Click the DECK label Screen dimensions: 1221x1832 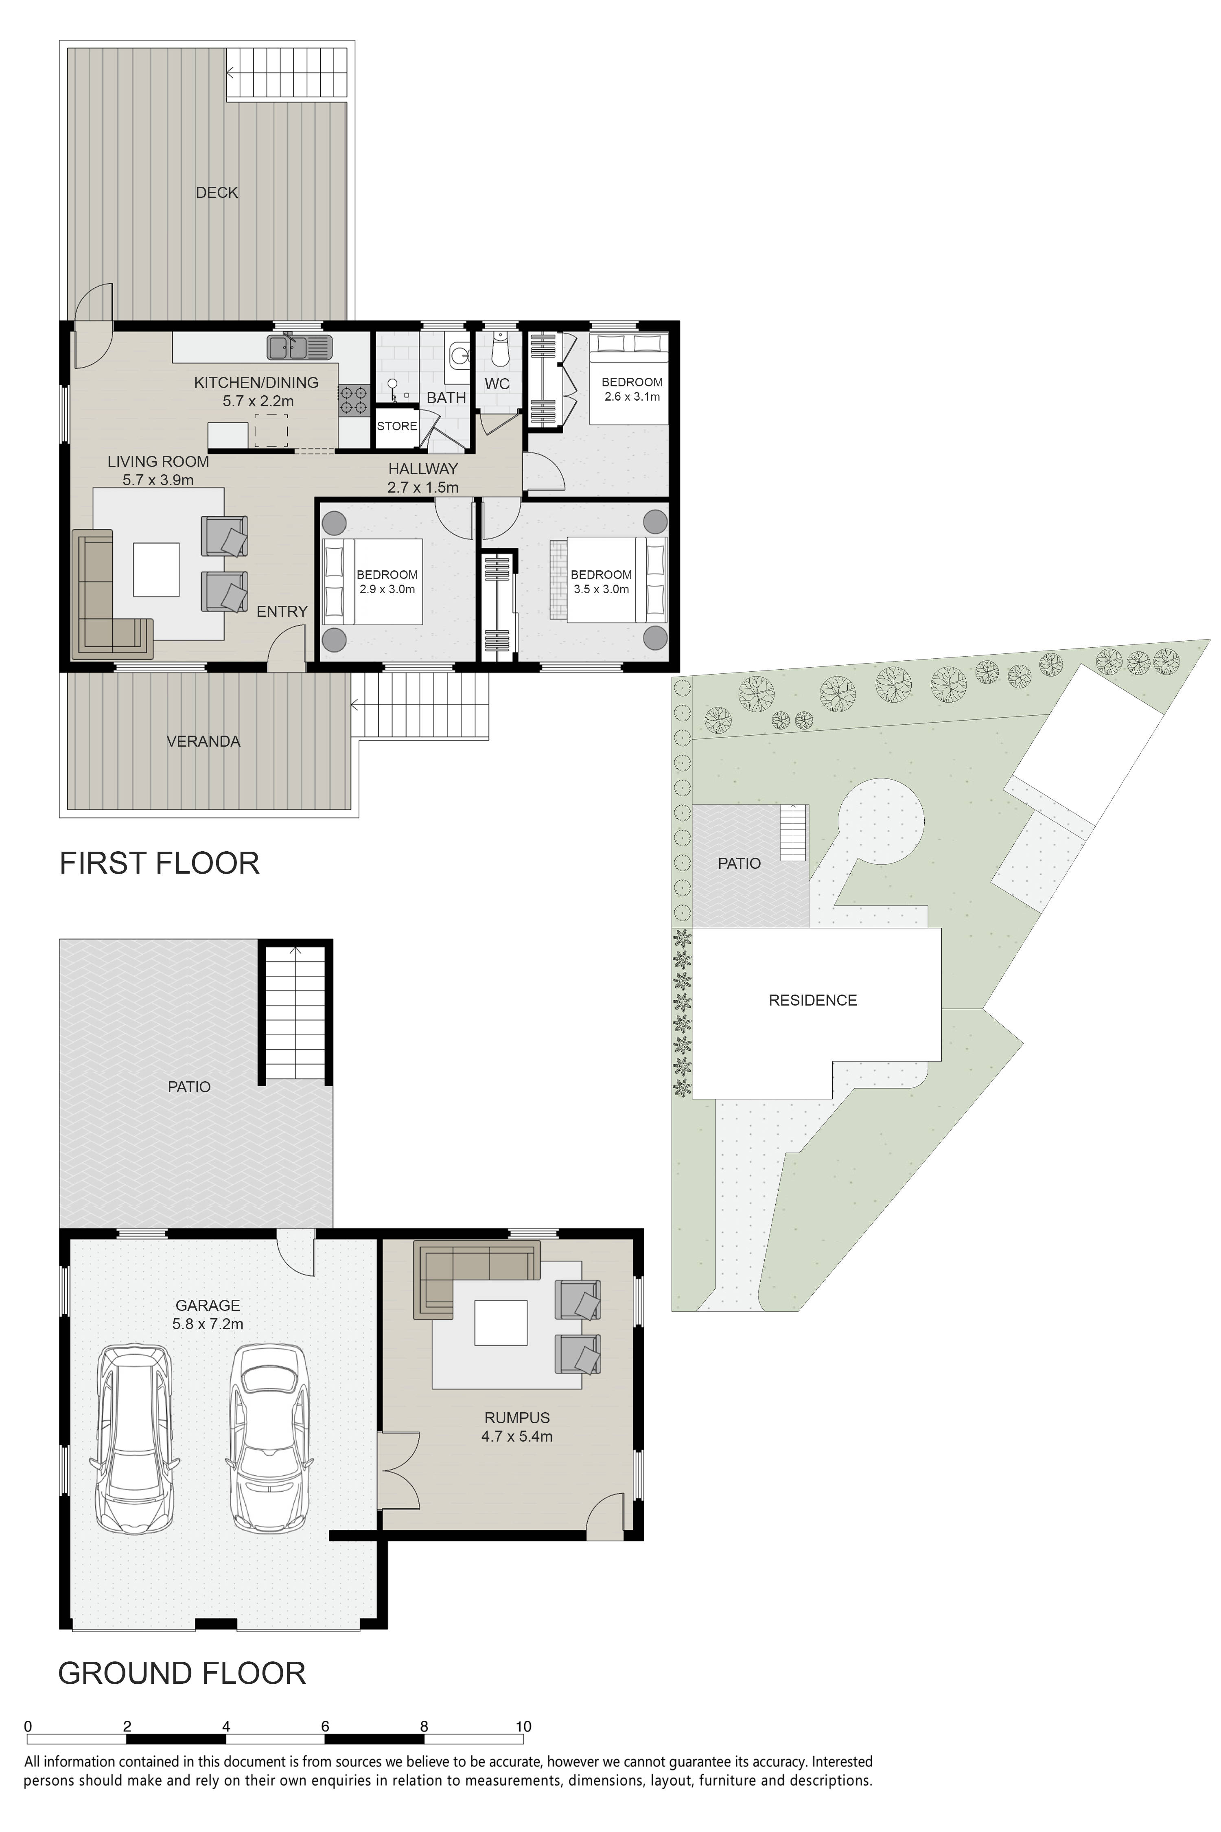[217, 193]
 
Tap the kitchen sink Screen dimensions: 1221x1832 [300, 346]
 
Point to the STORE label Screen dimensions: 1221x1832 [397, 426]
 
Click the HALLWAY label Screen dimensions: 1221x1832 [423, 469]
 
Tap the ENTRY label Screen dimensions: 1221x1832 [282, 611]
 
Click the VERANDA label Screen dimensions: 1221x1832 [203, 741]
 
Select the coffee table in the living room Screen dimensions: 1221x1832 [157, 570]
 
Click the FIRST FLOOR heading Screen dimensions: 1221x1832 [160, 863]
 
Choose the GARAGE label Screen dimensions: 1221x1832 [208, 1306]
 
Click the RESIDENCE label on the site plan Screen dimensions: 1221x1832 [813, 1000]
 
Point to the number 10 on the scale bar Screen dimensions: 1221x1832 [523, 1726]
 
